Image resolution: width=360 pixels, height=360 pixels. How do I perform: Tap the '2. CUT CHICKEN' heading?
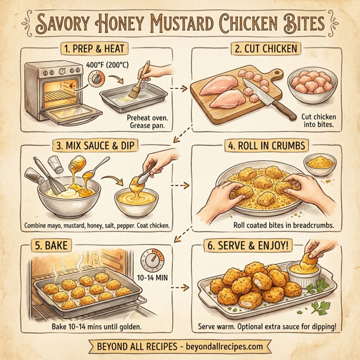pos(265,48)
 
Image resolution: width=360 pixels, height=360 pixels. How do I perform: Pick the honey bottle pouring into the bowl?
pos(79,165)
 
